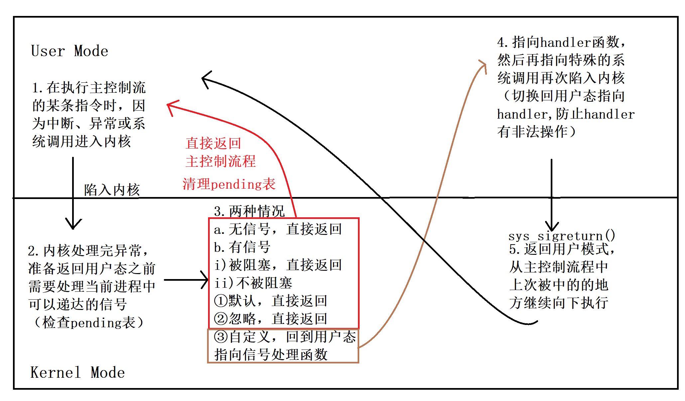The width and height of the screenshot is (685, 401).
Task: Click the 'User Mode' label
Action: click(x=69, y=51)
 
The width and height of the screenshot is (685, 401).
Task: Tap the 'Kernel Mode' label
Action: click(x=77, y=372)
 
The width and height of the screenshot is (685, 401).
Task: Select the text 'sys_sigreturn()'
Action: click(x=562, y=236)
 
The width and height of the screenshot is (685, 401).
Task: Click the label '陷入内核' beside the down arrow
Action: click(x=112, y=190)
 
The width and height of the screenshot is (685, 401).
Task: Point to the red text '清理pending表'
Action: click(x=229, y=184)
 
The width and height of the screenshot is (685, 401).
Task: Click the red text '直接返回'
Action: click(x=213, y=143)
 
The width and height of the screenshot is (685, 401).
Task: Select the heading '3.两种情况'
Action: click(x=249, y=211)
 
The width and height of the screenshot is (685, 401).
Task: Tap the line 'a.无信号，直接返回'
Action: click(x=278, y=229)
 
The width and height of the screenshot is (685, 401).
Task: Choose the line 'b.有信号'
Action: click(x=242, y=247)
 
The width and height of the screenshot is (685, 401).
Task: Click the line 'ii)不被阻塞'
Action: click(x=253, y=283)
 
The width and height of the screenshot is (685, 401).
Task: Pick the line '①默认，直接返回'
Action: click(x=271, y=301)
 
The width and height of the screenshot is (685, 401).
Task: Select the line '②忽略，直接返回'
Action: click(x=271, y=319)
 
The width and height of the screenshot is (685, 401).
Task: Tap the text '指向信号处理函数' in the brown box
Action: click(x=271, y=354)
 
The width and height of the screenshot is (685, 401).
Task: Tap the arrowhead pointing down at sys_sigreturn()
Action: click(x=552, y=228)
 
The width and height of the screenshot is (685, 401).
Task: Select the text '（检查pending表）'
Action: click(x=89, y=322)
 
